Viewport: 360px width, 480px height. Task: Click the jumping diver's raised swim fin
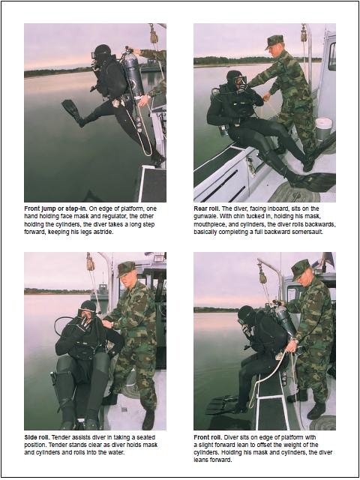tap(71, 110)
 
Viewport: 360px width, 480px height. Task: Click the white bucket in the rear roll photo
tap(323, 128)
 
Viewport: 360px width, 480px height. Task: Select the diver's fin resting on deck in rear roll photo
tap(313, 181)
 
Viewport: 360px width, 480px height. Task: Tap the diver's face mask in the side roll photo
tap(85, 313)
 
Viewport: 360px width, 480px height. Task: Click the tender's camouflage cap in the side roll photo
tap(125, 268)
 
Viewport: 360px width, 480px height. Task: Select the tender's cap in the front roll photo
tap(301, 268)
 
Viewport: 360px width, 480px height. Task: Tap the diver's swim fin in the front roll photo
tap(222, 404)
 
